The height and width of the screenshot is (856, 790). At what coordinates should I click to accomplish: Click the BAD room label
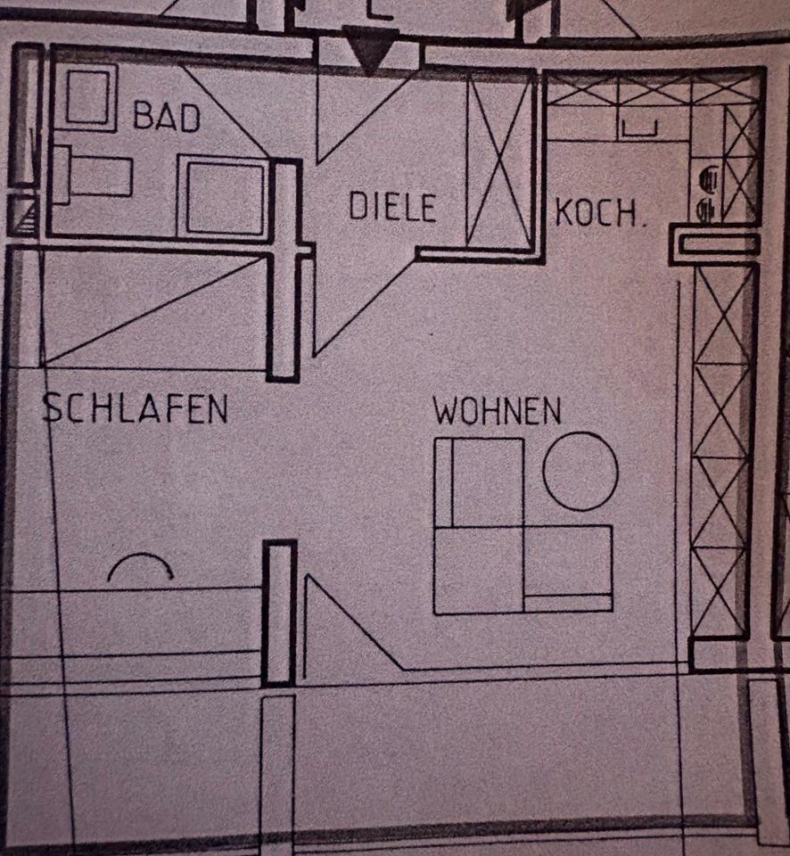coord(166,117)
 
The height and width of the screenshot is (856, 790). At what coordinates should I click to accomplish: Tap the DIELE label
coord(391,207)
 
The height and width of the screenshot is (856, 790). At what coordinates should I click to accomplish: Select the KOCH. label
coord(599,214)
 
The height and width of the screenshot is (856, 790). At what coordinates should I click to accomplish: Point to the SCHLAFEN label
coord(136,408)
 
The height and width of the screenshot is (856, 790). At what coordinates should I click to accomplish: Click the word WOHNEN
coord(497,412)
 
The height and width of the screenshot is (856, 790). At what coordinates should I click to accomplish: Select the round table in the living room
coord(580,471)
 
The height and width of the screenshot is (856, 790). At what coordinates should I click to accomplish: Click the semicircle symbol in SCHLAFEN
coord(140,568)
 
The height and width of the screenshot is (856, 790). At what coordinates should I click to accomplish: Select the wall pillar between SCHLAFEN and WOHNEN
coord(279,613)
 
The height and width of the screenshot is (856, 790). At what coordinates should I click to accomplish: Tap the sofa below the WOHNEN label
coord(523,526)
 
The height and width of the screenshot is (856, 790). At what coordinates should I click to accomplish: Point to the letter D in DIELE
coord(356,207)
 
